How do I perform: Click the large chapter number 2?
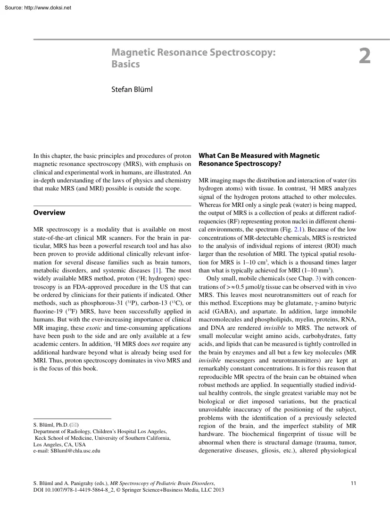point(364,57)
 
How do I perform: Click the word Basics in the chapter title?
point(125,64)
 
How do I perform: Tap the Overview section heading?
point(50,213)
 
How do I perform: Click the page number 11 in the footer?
point(354,483)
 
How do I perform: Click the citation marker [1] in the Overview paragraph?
point(157,271)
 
